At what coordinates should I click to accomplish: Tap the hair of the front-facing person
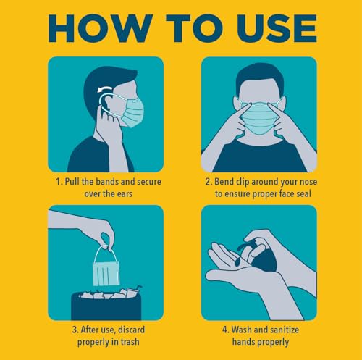click(258, 75)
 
